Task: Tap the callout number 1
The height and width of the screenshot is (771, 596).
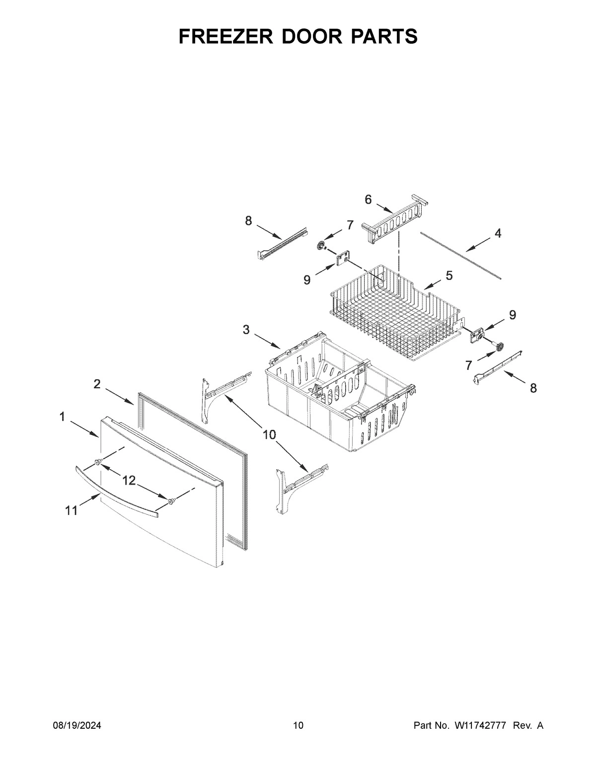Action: pos(62,417)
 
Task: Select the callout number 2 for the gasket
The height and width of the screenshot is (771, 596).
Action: pos(97,384)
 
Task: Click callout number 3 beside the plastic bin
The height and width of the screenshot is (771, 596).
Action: pos(246,330)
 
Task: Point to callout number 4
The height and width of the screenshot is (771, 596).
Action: pos(498,233)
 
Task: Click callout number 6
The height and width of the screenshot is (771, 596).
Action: pos(368,200)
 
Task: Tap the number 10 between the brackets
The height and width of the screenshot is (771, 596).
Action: pos(269,435)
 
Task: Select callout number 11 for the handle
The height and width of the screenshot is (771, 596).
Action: pos(72,510)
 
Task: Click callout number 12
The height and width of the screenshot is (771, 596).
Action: pos(129,480)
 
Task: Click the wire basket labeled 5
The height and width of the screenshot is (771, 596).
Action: pos(392,318)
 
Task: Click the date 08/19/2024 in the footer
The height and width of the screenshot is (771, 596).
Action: pos(77,726)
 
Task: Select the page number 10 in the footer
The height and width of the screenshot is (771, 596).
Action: pos(298,726)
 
